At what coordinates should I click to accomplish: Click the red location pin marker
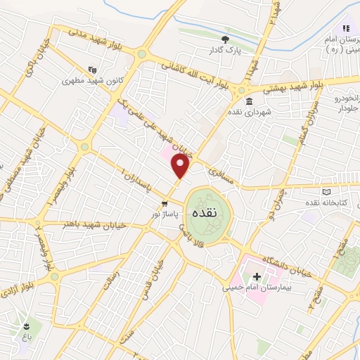click(181, 167)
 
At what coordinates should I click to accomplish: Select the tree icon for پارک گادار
click(226, 39)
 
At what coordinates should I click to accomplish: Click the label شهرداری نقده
click(245, 111)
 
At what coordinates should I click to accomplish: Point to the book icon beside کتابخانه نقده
click(325, 192)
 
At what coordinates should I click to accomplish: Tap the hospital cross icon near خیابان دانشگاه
click(257, 276)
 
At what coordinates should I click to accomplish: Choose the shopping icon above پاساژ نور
click(165, 204)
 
